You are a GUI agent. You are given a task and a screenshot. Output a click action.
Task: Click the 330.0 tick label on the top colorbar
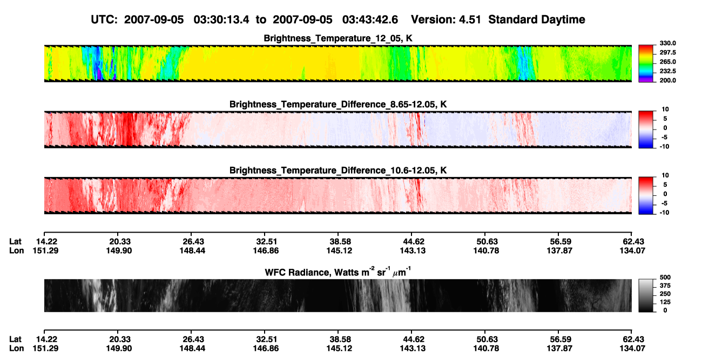[667, 43]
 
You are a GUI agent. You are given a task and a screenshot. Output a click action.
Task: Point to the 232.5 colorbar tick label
[667, 71]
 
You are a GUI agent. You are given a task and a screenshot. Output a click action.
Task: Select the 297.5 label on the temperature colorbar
[667, 53]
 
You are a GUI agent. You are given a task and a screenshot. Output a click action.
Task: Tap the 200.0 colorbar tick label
[667, 80]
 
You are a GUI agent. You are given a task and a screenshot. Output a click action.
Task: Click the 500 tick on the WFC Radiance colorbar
[665, 277]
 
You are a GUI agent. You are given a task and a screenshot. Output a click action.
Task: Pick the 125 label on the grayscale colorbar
[665, 302]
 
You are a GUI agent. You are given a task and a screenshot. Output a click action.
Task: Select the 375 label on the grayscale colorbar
[665, 286]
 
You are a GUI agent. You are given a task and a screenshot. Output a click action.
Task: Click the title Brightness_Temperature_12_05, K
[338, 38]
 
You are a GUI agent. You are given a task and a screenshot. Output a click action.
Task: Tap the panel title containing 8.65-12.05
[338, 104]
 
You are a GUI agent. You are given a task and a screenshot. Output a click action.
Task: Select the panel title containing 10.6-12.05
[338, 171]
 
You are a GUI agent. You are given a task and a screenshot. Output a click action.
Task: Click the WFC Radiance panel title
[338, 272]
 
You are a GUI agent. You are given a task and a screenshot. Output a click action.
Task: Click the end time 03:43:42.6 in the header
[370, 20]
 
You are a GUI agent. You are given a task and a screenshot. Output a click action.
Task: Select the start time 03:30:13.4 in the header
[221, 20]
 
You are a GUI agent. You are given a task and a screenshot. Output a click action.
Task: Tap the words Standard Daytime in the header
[537, 20]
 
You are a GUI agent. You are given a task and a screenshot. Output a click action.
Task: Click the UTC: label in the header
[104, 20]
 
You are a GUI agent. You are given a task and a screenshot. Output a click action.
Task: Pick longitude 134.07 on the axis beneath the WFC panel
[632, 349]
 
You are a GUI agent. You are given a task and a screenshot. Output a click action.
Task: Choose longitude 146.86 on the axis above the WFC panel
[266, 250]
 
